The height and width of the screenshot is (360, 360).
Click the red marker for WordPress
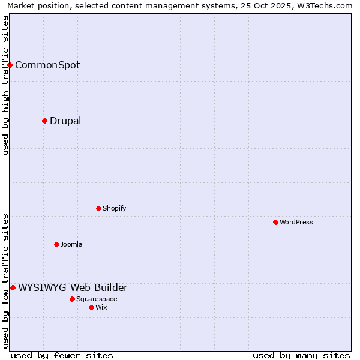click(x=275, y=222)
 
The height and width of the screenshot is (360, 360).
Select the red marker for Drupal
click(x=44, y=121)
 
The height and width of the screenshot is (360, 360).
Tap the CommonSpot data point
click(x=10, y=65)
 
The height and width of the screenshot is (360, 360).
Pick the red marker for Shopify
click(x=98, y=208)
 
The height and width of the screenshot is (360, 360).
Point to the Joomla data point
click(x=56, y=244)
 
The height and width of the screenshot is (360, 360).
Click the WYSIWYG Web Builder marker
click(x=13, y=287)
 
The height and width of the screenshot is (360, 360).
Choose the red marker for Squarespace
click(x=72, y=299)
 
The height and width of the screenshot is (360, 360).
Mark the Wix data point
click(x=91, y=307)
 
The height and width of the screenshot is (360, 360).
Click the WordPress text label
click(x=296, y=222)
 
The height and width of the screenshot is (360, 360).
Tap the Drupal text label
click(x=65, y=121)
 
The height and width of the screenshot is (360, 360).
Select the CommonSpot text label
click(x=47, y=65)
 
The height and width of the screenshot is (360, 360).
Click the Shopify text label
click(x=114, y=208)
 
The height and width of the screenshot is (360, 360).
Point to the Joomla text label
click(x=71, y=244)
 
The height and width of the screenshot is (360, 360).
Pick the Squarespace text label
click(x=97, y=299)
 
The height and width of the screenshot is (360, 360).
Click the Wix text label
click(x=101, y=307)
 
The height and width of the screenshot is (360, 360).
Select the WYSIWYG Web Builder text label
click(x=73, y=287)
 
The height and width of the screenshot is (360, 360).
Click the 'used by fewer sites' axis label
click(x=62, y=355)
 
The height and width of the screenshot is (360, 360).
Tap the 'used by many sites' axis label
click(x=301, y=355)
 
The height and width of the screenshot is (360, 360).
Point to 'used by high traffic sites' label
click(x=5, y=85)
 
